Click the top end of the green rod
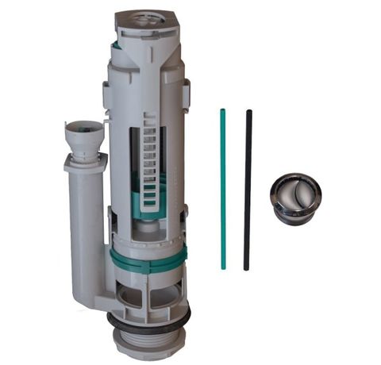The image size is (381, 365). pos(223,113)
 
